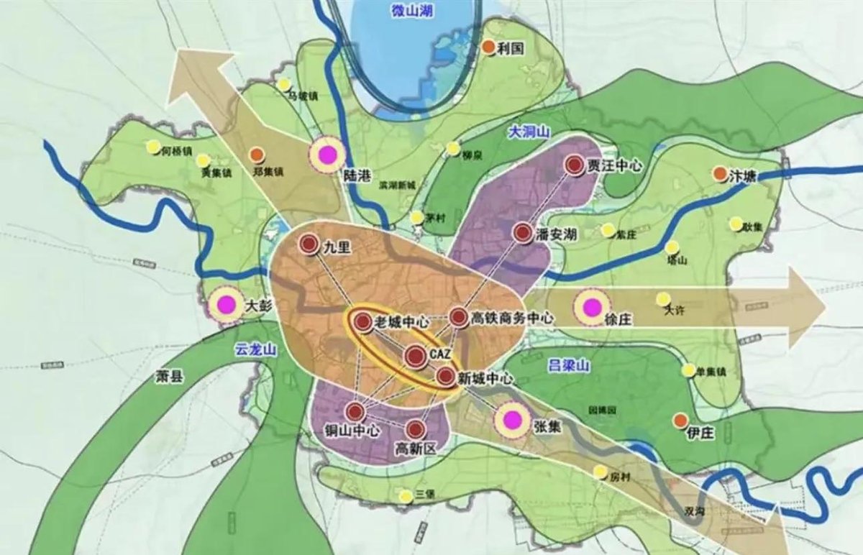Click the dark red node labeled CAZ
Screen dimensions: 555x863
coord(416,355)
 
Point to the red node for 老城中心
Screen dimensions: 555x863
coord(362,321)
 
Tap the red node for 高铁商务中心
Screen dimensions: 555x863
coord(458,316)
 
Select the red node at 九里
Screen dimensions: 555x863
coord(309,245)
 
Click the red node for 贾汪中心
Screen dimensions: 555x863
coord(574,165)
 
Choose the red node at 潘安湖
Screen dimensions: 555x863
coord(523,232)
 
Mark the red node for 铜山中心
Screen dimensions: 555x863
coord(355,412)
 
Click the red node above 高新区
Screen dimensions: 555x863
coord(415,429)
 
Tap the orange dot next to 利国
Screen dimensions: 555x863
coord(488,47)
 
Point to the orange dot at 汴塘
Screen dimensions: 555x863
coord(718,174)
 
